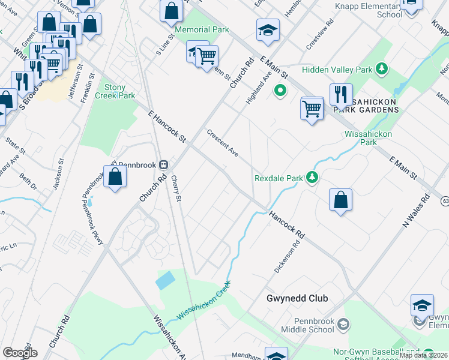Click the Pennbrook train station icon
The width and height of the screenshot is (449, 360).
coord(163,165)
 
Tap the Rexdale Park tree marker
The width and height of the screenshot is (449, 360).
coord(312,177)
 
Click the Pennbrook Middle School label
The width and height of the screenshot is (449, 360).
coord(306,325)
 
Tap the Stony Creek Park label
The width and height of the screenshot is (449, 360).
coord(115,91)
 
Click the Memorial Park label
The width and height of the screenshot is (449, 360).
coord(201,29)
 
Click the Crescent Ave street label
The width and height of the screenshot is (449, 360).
coord(223,143)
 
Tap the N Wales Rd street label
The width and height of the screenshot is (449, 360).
coord(417,211)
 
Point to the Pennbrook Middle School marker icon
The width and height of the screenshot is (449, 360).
coord(343,325)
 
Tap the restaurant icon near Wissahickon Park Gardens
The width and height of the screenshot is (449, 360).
coord(340,95)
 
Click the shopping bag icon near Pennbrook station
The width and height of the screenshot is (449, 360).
coord(115,176)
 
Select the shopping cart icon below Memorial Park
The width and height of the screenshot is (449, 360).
coord(206,56)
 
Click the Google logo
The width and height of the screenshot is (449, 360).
coord(20,353)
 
